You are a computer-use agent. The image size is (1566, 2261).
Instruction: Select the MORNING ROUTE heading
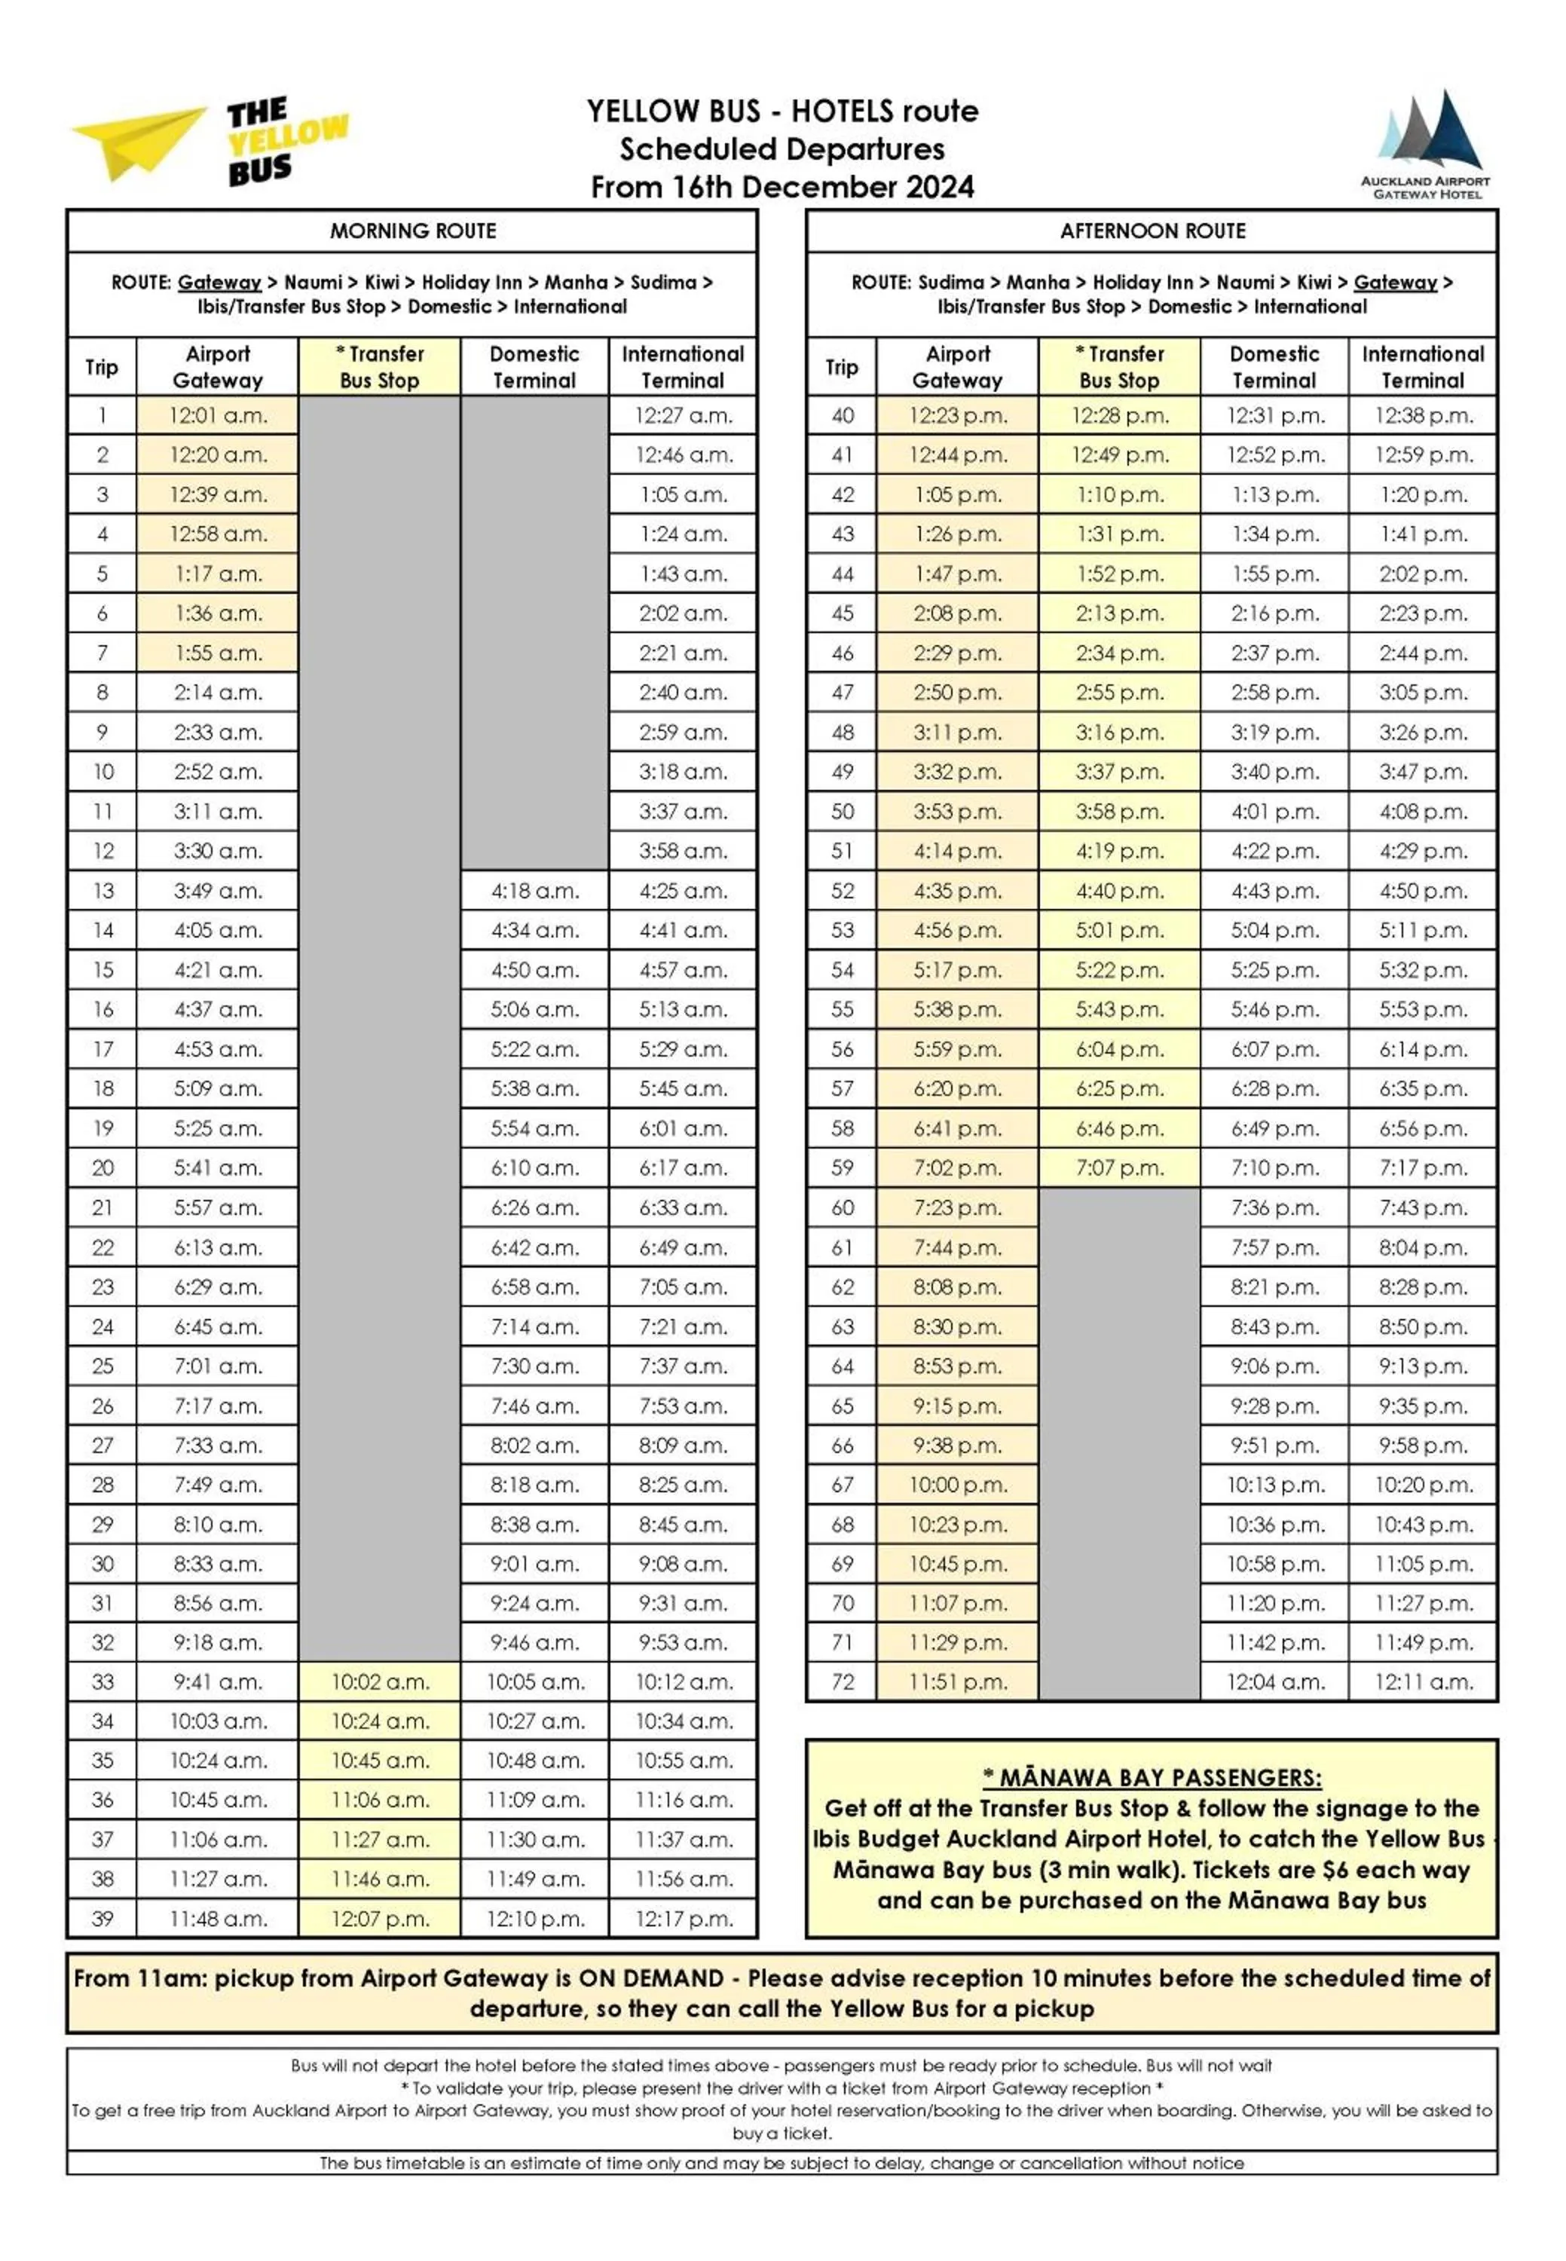[412, 231]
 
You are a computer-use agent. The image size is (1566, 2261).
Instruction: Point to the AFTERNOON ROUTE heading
[1152, 231]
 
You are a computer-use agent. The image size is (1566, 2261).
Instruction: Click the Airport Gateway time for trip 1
[218, 415]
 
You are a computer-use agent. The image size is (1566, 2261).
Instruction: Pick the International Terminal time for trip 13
[683, 891]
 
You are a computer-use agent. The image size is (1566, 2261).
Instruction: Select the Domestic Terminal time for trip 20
[535, 1167]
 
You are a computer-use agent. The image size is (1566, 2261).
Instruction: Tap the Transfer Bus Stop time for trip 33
[380, 1682]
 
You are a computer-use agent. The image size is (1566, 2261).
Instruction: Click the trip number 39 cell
[102, 1919]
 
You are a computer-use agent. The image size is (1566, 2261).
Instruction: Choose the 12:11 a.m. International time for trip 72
[1423, 1682]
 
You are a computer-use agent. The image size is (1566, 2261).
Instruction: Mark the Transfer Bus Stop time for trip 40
[1120, 415]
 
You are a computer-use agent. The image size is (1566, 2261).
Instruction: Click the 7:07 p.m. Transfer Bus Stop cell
[1120, 1167]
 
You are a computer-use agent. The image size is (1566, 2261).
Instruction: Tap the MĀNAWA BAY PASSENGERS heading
[1152, 1777]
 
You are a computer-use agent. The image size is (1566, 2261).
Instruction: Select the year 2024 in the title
[940, 188]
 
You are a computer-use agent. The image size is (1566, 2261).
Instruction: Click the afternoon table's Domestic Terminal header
[1274, 367]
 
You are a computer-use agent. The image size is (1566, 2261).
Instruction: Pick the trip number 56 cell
[842, 1049]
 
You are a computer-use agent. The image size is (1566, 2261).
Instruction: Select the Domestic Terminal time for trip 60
[1274, 1207]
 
